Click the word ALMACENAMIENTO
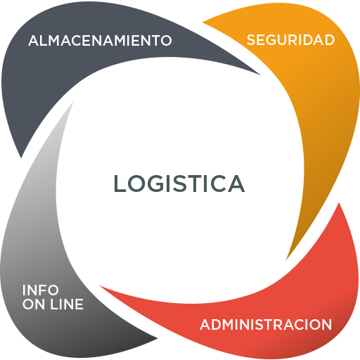pos(100,40)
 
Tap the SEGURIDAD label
pos(290,40)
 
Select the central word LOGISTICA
pos(179,184)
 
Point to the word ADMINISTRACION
pos(266,325)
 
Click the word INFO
pos(40,290)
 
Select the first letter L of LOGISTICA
pos(120,184)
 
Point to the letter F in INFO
pos(44,290)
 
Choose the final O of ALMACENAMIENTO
pos(166,40)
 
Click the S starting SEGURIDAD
pos(252,40)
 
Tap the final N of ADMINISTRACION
pos(327,325)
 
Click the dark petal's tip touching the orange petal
pos(260,75)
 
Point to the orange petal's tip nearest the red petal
pos(286,260)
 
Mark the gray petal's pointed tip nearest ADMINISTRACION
pos(157,338)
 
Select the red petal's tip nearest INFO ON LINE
pos(100,286)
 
